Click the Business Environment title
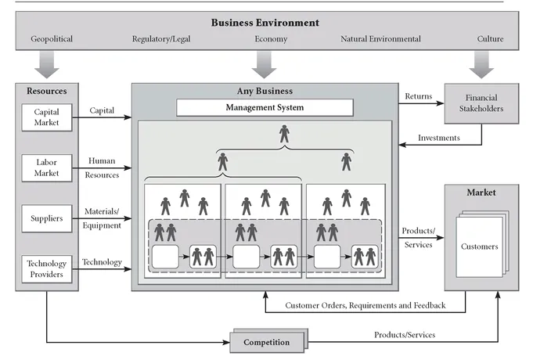click(x=265, y=22)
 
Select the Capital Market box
click(x=46, y=117)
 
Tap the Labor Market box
click(x=46, y=167)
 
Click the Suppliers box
click(x=46, y=218)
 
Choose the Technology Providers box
click(x=46, y=268)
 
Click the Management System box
click(x=265, y=107)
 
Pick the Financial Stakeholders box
click(x=481, y=104)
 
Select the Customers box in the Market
click(x=479, y=247)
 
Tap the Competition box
click(x=266, y=342)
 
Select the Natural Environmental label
click(x=380, y=39)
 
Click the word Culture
click(x=491, y=39)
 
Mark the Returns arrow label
click(x=419, y=97)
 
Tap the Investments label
click(x=438, y=139)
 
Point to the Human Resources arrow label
click(x=103, y=167)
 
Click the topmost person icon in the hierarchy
click(x=283, y=135)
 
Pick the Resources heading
click(x=45, y=91)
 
